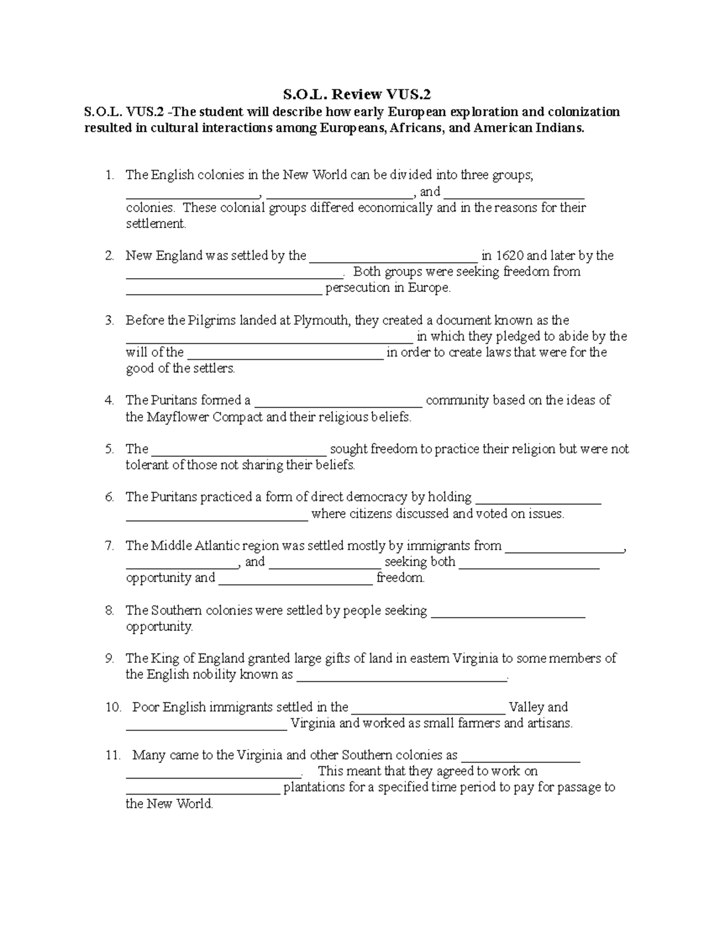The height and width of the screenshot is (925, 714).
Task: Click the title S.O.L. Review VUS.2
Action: tap(356, 94)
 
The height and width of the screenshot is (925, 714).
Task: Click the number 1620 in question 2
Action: tap(510, 256)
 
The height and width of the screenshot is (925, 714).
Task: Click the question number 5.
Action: tap(109, 449)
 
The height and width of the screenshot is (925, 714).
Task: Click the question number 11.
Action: tap(113, 755)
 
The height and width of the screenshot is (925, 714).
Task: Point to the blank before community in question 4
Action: tap(338, 404)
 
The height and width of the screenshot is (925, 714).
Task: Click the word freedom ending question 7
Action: tap(400, 578)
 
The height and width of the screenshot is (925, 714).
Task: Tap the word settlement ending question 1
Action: tap(155, 224)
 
